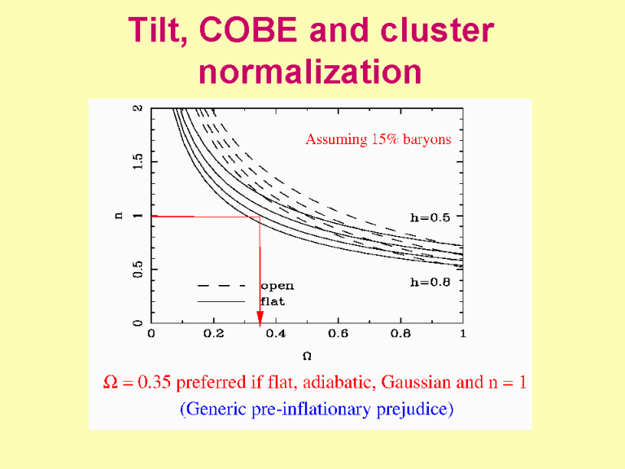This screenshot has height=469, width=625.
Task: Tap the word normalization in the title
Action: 311,72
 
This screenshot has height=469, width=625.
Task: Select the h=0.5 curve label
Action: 435,217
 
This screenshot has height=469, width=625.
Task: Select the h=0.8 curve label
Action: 435,282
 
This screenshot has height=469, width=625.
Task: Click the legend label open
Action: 277,286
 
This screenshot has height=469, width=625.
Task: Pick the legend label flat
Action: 273,301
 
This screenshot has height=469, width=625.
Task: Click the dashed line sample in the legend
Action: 221,286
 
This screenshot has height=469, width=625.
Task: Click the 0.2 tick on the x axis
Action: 213,334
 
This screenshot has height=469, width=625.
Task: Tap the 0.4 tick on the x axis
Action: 276,334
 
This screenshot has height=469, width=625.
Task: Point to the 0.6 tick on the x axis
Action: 338,334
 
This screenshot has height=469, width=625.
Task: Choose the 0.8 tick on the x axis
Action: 400,334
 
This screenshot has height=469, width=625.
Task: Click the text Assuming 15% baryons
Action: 378,140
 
